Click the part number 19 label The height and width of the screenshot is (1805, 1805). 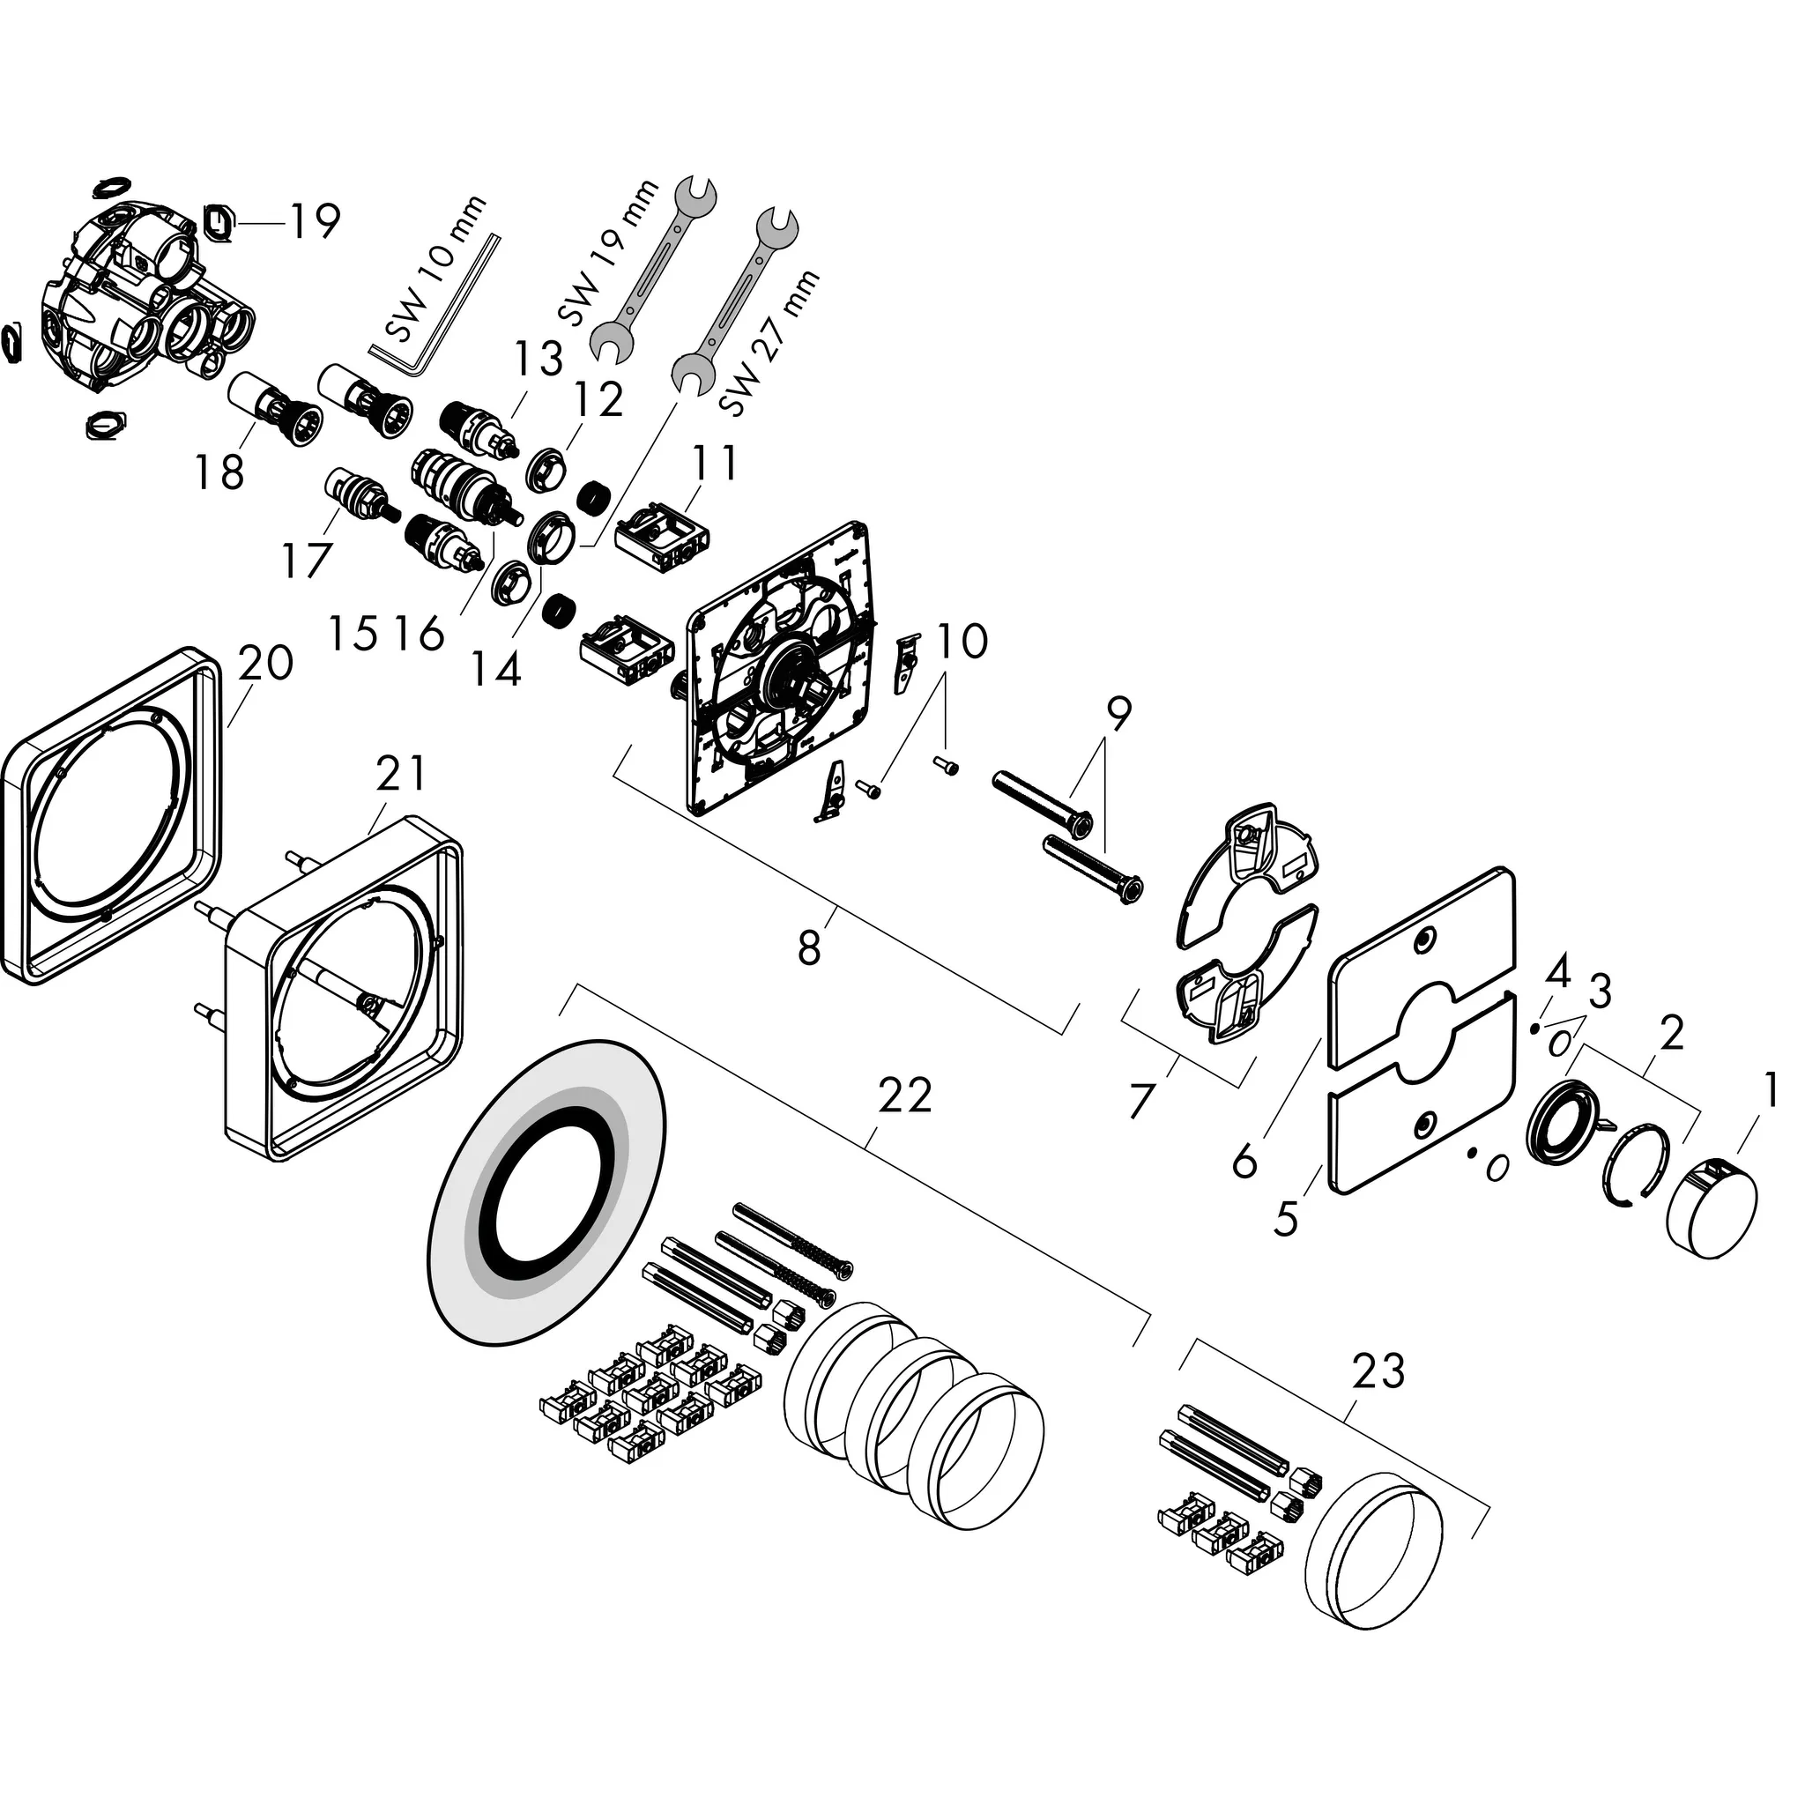coord(314,221)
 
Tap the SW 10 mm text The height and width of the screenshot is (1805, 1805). coord(436,268)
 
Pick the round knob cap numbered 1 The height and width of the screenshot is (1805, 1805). coord(1712,1209)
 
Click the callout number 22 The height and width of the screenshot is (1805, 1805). coord(904,1095)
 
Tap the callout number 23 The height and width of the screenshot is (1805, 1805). coord(1378,1370)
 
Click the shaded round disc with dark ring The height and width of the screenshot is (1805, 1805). coord(549,1192)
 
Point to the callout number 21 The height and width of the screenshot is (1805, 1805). coord(401,774)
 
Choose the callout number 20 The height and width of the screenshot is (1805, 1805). coord(265,664)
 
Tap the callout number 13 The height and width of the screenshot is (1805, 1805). coord(539,359)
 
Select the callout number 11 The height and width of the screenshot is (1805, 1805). coord(715,463)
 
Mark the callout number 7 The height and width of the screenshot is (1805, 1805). coord(1140,1100)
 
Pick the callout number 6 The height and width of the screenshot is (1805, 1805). coord(1244,1162)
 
